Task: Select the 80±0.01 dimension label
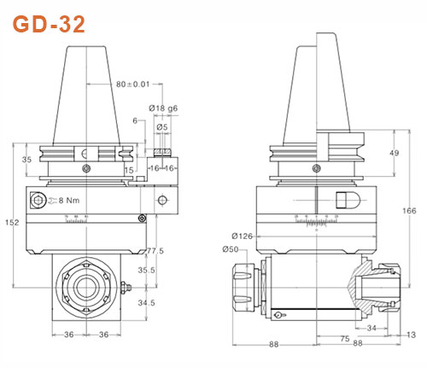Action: coord(132,84)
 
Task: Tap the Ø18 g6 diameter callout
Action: coord(163,108)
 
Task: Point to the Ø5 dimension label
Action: coord(162,127)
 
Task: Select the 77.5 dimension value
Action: coord(155,250)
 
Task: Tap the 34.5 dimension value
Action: coord(147,302)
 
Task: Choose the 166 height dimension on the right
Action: coord(409,211)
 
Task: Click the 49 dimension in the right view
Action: coord(394,153)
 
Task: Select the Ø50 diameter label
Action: coord(231,249)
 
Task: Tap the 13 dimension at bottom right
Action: coord(412,335)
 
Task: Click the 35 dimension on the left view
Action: coord(26,160)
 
